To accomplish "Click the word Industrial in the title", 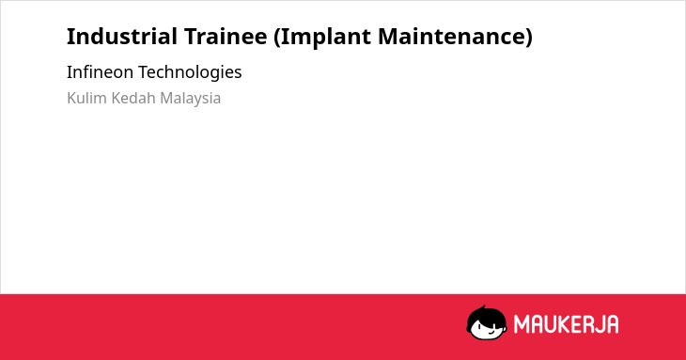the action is (122, 36).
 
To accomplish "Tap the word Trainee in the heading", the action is (226, 36).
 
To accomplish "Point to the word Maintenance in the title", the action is (451, 36).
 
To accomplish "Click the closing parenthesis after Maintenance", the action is (528, 38).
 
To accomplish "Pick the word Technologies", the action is (190, 73).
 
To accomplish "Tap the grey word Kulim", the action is (86, 98).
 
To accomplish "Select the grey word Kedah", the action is (133, 98).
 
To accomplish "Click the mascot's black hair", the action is (486, 316).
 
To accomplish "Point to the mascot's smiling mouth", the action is (491, 334).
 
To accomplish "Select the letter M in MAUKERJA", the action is (521, 324).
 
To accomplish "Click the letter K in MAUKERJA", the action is (564, 324).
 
